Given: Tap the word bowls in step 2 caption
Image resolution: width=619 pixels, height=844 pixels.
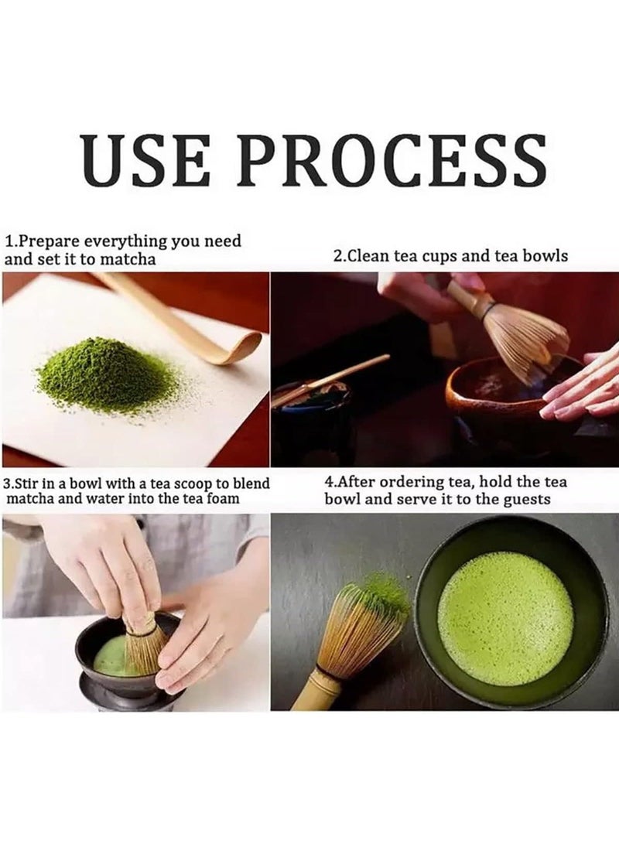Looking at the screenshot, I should tap(546, 255).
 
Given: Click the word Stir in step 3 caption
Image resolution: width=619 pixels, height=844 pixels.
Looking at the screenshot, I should tap(30, 484).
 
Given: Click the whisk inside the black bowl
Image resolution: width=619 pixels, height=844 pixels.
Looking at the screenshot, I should tap(144, 642).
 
